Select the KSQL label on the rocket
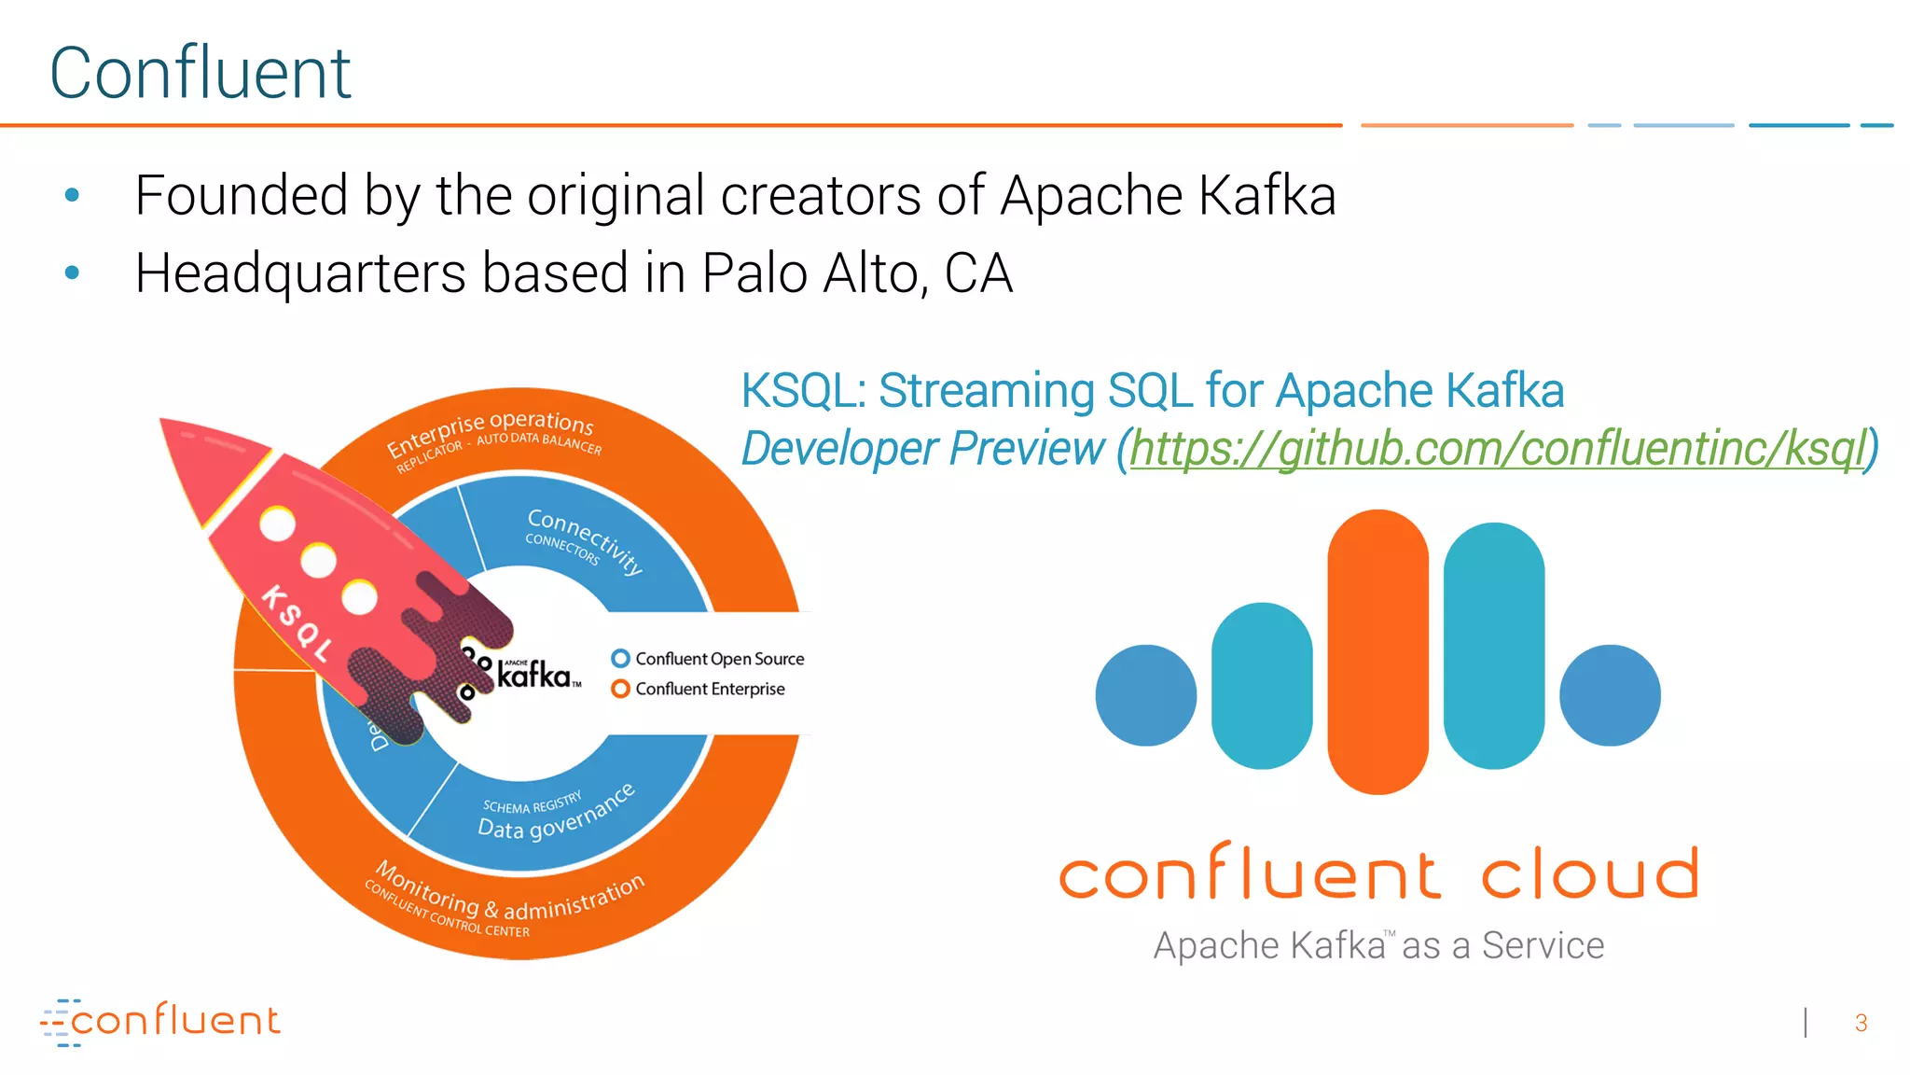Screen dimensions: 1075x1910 pos(296,624)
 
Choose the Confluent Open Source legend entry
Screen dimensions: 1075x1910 pos(709,659)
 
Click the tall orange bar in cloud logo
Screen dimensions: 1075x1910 pos(1377,651)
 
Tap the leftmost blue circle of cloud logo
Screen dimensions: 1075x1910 pos(1146,695)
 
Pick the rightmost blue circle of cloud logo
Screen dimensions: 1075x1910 pos(1610,695)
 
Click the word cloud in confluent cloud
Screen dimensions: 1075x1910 pos(1590,874)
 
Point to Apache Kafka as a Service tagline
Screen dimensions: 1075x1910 pos(1378,946)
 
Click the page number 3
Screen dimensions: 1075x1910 pos(1861,1024)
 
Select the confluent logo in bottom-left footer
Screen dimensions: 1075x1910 pos(160,1022)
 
